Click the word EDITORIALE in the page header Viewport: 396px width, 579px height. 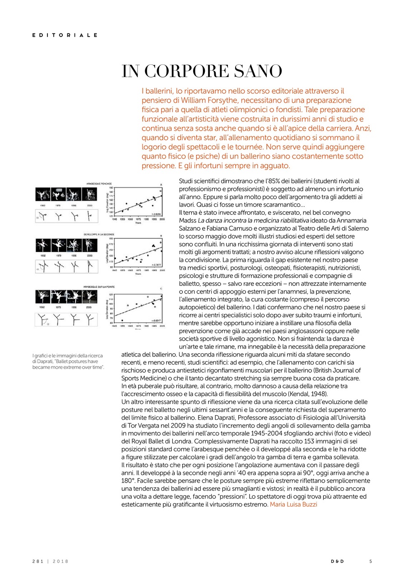(x=65, y=35)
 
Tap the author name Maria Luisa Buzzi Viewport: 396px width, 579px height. (x=293, y=504)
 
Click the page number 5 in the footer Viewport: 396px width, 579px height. (x=371, y=561)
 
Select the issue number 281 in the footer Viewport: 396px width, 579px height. (x=38, y=561)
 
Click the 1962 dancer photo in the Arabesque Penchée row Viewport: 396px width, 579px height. (x=43, y=195)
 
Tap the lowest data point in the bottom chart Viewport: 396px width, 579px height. (x=122, y=320)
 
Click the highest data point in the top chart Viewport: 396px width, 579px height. (x=160, y=191)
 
